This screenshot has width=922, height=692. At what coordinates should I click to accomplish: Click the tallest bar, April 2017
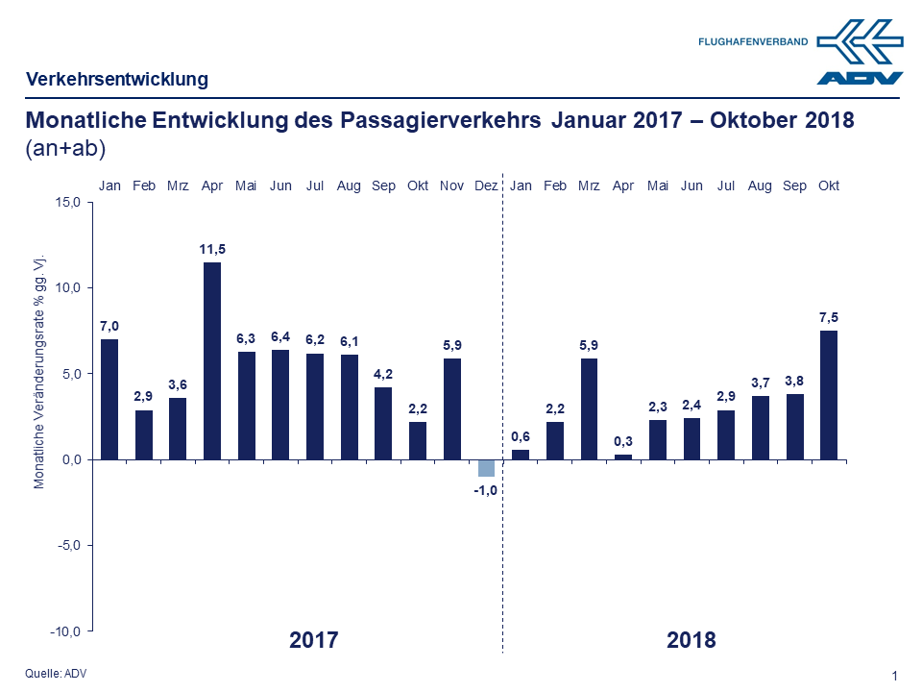click(x=212, y=360)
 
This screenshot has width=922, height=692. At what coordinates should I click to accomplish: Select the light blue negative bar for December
click(x=486, y=468)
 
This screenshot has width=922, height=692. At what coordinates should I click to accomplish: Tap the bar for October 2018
click(x=828, y=395)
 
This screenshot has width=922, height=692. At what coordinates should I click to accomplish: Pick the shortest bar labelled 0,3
click(x=623, y=457)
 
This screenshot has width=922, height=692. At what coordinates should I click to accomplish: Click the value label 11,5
click(x=212, y=250)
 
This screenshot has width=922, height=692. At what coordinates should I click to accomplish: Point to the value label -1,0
click(x=486, y=490)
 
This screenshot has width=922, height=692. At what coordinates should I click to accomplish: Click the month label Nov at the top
click(x=451, y=185)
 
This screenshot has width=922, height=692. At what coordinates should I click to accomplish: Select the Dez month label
click(x=486, y=185)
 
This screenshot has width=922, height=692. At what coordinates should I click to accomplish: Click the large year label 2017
click(x=314, y=639)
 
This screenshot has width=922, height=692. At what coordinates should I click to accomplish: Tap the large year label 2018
click(x=691, y=639)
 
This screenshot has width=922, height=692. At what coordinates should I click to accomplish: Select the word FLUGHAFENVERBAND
click(x=753, y=41)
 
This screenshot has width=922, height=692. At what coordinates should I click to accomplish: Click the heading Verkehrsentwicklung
click(x=117, y=79)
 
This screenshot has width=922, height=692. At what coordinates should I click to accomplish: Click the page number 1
click(x=894, y=676)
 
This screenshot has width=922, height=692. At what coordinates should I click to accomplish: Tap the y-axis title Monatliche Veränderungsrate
click(x=39, y=373)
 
